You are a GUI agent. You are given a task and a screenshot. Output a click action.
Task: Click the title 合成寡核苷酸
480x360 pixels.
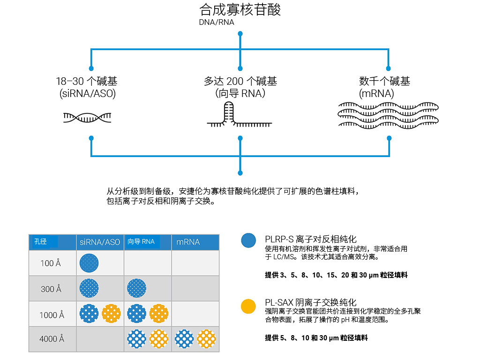(x=240, y=10)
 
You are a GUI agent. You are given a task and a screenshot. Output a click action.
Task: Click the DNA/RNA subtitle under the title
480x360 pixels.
(x=216, y=22)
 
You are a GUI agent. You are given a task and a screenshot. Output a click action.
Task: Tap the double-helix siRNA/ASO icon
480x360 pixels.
(x=88, y=117)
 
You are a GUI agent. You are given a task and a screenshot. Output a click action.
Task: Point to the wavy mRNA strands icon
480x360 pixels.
(x=388, y=114)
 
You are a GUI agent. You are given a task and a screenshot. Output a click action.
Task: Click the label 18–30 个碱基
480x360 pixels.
(x=88, y=82)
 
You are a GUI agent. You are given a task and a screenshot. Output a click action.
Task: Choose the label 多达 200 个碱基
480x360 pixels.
(x=240, y=82)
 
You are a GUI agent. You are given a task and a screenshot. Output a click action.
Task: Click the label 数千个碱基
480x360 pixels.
(x=384, y=82)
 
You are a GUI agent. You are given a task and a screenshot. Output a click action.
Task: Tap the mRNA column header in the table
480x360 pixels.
(x=188, y=242)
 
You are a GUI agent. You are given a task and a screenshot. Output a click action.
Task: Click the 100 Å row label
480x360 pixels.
(x=51, y=263)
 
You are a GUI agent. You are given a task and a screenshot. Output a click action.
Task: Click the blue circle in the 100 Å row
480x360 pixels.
(x=90, y=263)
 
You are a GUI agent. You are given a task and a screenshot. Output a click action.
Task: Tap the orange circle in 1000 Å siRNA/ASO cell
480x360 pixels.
(x=111, y=313)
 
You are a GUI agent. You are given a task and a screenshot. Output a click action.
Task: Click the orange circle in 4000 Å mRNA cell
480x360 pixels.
(x=206, y=338)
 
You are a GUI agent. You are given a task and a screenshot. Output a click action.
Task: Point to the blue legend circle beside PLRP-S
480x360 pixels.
(x=248, y=240)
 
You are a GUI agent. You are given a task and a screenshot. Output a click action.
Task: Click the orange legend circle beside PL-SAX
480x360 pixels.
(x=248, y=307)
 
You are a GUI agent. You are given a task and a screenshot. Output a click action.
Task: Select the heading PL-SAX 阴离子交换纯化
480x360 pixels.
(x=310, y=302)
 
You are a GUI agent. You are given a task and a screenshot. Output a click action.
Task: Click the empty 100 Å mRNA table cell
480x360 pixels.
(x=195, y=263)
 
